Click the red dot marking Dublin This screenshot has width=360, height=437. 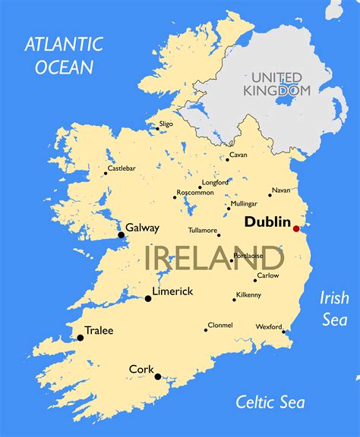(x=295, y=228)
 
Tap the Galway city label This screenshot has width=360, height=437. (x=142, y=227)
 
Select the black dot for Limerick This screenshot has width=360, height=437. (x=148, y=298)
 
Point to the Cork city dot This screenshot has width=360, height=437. (x=158, y=376)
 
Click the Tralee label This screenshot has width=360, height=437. (x=99, y=330)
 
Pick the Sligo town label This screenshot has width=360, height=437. (x=166, y=123)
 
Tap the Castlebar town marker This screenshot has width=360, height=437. (x=106, y=173)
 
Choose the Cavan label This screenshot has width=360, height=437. (x=238, y=154)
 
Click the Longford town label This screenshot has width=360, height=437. (x=215, y=181)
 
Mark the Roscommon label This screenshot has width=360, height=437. (x=195, y=192)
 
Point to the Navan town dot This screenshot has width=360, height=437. (x=270, y=195)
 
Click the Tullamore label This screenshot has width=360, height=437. (x=204, y=231)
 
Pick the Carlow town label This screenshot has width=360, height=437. (x=267, y=275)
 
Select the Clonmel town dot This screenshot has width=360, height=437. (x=206, y=329)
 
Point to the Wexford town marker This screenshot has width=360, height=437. (x=284, y=331)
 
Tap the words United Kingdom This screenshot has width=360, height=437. (x=277, y=83)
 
